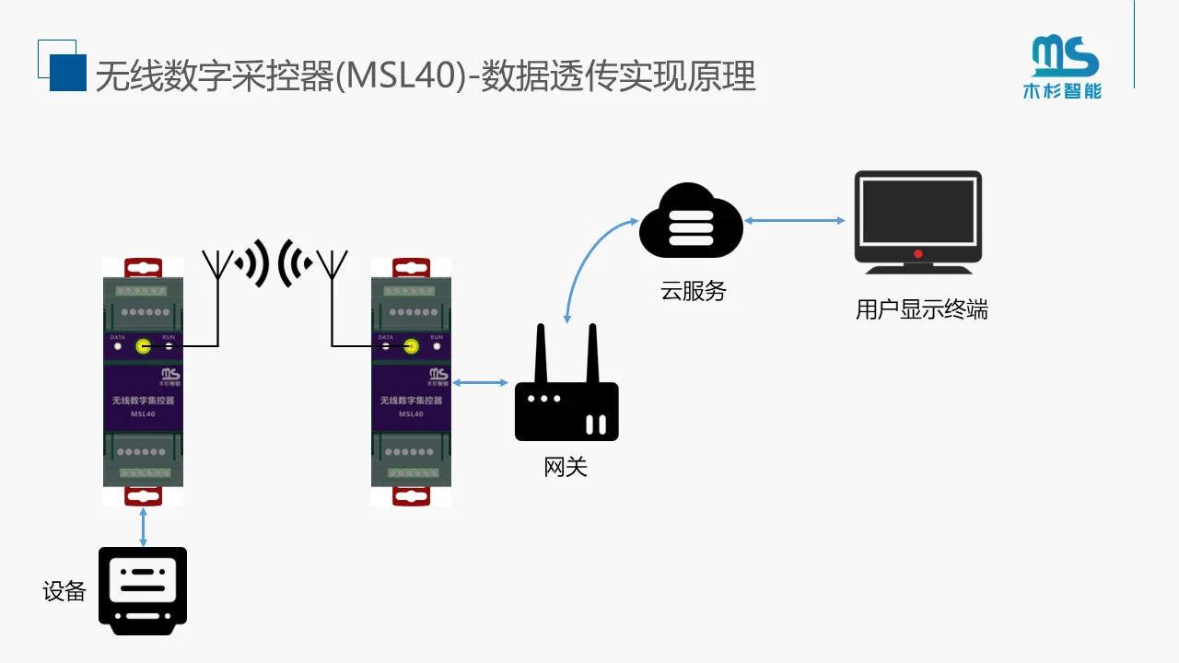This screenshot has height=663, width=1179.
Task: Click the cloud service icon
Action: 691,222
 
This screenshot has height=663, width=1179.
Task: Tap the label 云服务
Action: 694,291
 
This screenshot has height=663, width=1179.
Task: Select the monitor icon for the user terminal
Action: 917,222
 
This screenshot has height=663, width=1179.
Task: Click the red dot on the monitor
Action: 918,254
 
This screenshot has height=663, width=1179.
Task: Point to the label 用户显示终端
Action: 921,310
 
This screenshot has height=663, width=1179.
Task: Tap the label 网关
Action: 566,467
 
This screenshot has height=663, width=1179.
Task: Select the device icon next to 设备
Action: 143,590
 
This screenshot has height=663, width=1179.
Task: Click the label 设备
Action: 64,591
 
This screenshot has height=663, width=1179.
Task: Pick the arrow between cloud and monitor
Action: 795,221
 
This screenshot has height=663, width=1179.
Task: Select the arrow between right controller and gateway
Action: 480,382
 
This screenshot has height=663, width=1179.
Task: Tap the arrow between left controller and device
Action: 143,526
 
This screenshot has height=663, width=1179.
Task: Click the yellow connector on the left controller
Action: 143,346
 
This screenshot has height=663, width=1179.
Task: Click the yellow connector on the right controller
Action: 411,346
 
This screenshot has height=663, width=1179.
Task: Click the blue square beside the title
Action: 67,73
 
